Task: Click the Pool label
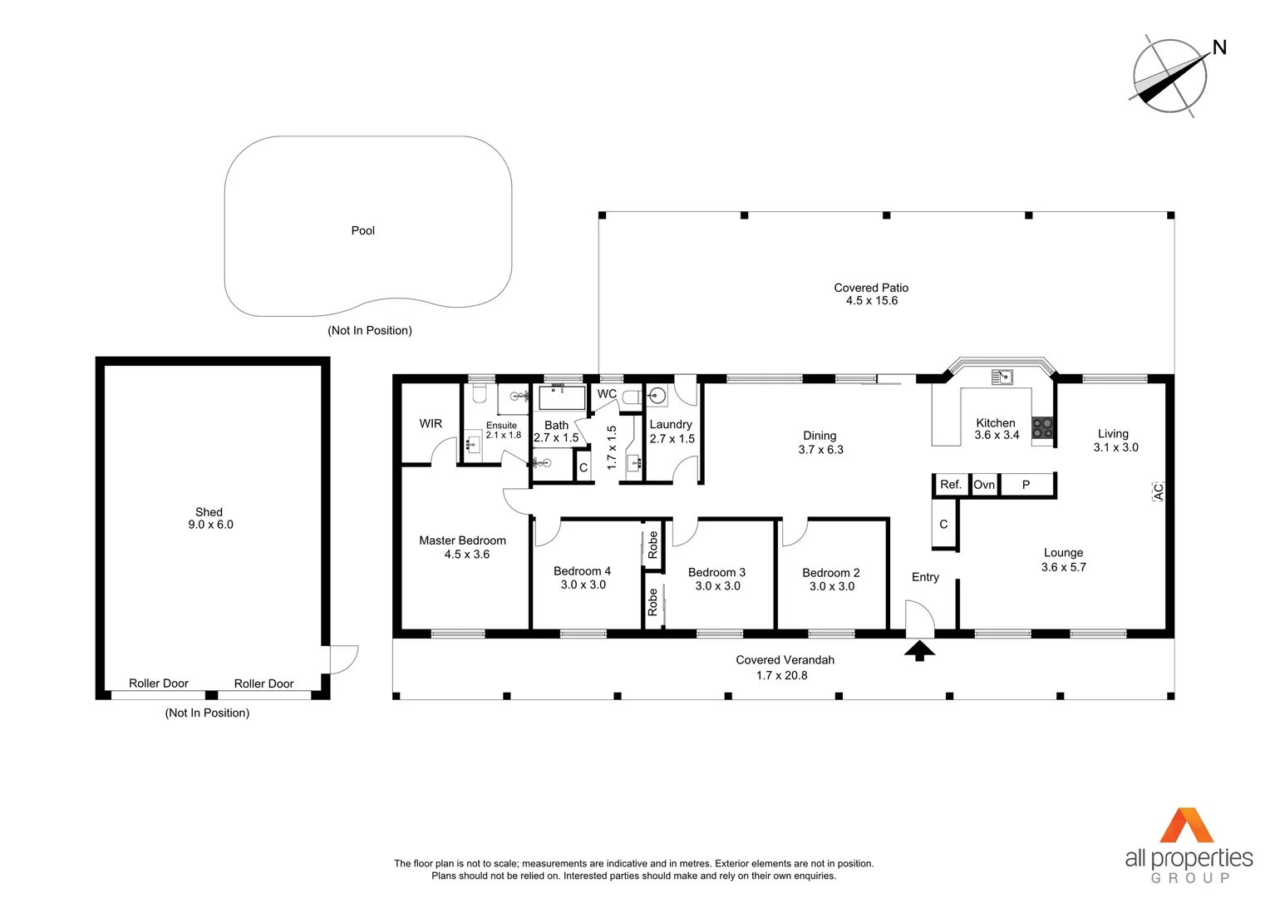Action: tap(362, 230)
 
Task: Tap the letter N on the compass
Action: tap(1219, 47)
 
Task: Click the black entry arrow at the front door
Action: tap(919, 650)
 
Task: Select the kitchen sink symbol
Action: tap(1002, 377)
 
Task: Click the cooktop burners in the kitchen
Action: tap(1042, 428)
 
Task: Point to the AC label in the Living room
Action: tap(1158, 491)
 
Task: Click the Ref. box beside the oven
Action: tap(951, 485)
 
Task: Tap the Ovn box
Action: tap(984, 485)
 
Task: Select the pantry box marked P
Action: tap(1026, 485)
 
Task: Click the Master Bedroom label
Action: tap(462, 540)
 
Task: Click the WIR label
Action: tap(431, 423)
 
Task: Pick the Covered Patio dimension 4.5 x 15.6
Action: tap(872, 301)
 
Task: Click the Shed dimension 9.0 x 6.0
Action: tap(210, 525)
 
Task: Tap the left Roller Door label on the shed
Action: tap(159, 683)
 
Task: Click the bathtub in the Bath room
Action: tap(563, 397)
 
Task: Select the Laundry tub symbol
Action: tap(657, 395)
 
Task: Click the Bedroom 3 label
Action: tap(716, 572)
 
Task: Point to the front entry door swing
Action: tap(920, 619)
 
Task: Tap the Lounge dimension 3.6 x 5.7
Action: tap(1063, 567)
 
